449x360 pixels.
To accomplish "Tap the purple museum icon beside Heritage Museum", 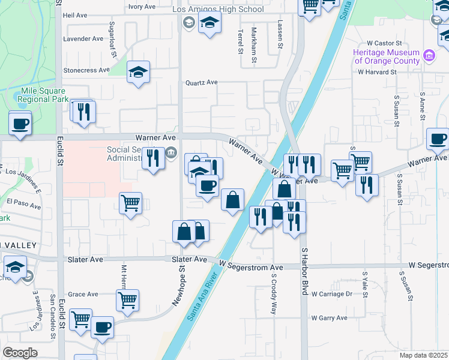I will (x=429, y=56).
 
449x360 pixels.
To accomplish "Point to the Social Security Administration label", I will (x=134, y=154).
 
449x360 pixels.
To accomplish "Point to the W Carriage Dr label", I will (x=332, y=294).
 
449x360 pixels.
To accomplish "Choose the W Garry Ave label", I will (x=330, y=317).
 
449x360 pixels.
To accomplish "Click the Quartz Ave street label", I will (x=201, y=82).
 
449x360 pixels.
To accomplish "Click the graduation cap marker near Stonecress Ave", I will (x=138, y=73).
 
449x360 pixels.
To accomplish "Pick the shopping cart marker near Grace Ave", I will (x=127, y=301).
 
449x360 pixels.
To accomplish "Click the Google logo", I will (x=20, y=353).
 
